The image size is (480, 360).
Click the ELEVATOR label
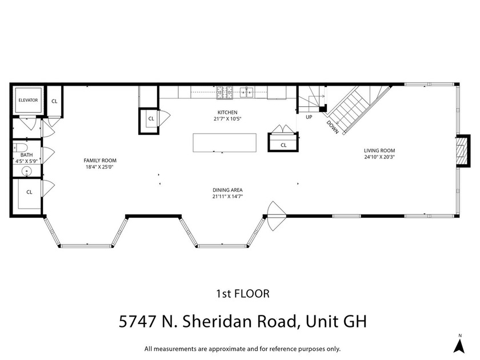point(27,100)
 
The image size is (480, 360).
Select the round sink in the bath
point(26,171)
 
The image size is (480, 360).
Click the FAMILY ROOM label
point(100,161)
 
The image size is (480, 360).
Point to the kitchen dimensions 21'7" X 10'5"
point(227,119)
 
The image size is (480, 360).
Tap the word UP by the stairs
point(309,117)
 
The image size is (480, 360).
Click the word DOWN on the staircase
point(333,126)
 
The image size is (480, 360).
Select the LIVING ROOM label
point(379,151)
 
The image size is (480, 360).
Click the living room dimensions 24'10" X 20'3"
point(379,157)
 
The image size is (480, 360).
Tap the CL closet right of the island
point(283,145)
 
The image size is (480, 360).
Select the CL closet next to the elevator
point(54,101)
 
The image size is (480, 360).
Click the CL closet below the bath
point(29,192)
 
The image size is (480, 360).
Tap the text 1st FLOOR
point(242,294)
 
